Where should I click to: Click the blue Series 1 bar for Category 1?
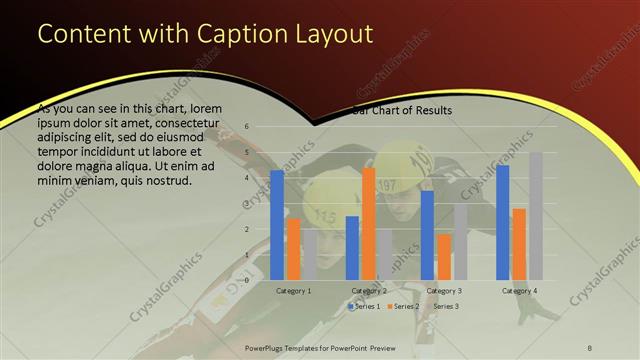(277, 225)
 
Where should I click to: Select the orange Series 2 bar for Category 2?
(368, 223)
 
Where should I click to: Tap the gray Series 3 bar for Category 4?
(536, 216)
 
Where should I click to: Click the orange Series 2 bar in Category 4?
(519, 244)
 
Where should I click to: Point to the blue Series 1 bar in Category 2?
(352, 248)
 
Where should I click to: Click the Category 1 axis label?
(293, 290)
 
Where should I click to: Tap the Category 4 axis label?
(519, 290)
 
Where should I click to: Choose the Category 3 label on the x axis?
(444, 290)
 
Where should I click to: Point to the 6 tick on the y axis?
(246, 127)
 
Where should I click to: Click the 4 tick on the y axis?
(246, 178)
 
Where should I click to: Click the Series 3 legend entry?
(442, 306)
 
